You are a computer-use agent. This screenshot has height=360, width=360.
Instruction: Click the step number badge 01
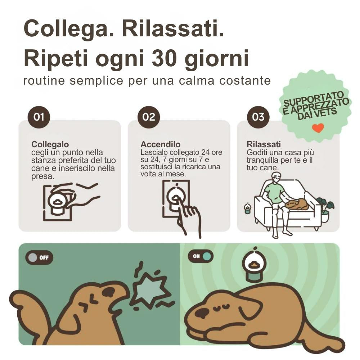pos(39,117)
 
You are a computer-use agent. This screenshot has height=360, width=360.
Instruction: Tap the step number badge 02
pos(149,117)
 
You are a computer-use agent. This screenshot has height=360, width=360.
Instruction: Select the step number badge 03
pos(258,117)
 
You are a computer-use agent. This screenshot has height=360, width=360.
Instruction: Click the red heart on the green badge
pos(318,128)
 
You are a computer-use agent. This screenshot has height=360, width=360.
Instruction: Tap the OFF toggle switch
pos(39,258)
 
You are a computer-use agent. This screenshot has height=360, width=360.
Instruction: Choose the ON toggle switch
pos(201,256)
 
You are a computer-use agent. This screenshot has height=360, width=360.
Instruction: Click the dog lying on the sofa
pos(297,204)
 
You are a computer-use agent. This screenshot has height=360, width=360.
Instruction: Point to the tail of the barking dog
pos(31,306)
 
